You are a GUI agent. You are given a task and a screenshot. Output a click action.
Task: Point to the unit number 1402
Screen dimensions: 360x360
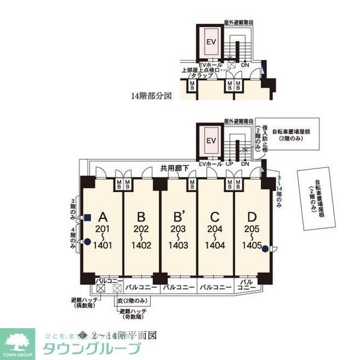coord(141,245)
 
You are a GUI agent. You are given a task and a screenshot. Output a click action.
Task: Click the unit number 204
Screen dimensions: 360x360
coord(215,229)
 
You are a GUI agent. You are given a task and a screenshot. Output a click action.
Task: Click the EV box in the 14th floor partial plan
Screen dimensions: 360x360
coord(211,43)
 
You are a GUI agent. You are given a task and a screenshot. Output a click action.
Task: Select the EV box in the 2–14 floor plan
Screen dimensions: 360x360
coord(211,141)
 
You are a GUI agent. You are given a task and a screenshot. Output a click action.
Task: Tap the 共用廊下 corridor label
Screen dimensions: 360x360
coord(175,169)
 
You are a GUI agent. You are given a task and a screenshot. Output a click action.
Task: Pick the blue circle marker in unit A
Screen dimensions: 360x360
coord(88,242)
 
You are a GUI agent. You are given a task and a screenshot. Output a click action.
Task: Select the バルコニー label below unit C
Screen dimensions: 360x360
coord(215,287)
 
